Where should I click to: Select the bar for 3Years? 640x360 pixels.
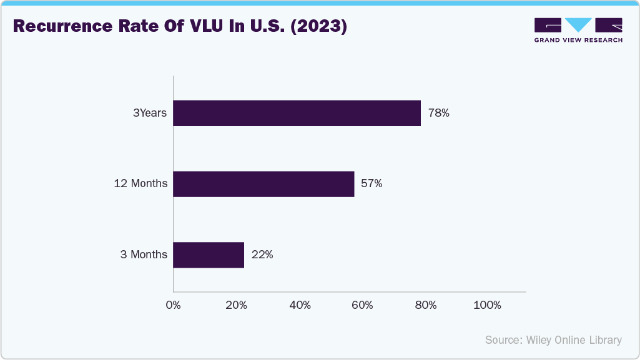click(x=297, y=113)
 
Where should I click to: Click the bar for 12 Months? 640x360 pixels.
click(x=263, y=184)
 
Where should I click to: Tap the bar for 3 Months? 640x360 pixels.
click(x=209, y=255)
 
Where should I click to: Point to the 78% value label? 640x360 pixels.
click(x=439, y=114)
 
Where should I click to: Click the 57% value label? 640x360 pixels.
click(x=372, y=184)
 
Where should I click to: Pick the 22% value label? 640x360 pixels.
click(x=262, y=255)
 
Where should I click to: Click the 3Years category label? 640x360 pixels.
click(x=150, y=114)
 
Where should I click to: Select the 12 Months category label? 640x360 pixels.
click(x=140, y=184)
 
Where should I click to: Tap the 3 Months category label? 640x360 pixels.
click(x=144, y=255)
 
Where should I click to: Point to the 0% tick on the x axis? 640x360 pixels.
click(x=173, y=305)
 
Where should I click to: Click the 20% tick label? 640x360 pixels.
click(x=236, y=305)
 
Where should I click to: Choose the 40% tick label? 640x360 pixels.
click(x=300, y=305)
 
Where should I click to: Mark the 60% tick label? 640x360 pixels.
click(x=362, y=305)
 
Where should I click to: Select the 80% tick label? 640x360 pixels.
click(x=425, y=305)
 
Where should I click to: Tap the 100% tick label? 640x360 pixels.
click(x=488, y=305)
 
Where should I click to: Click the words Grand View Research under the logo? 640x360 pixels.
click(x=578, y=40)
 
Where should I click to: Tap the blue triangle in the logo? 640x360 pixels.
click(x=579, y=25)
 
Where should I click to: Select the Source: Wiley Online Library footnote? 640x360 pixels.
click(x=553, y=340)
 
